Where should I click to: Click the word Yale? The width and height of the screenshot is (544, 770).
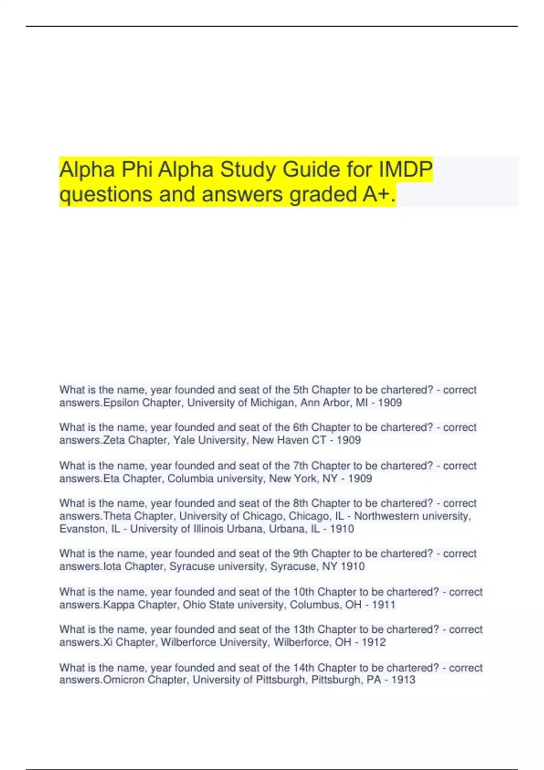[184, 440]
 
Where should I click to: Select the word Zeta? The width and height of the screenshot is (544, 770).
[114, 440]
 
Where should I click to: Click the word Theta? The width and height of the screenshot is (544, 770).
[117, 516]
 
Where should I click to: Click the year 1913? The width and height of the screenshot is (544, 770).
[403, 680]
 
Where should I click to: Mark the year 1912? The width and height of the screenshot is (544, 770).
[374, 642]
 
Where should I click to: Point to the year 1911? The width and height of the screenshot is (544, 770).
[384, 605]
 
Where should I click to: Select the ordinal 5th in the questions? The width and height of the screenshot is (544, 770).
[300, 390]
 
